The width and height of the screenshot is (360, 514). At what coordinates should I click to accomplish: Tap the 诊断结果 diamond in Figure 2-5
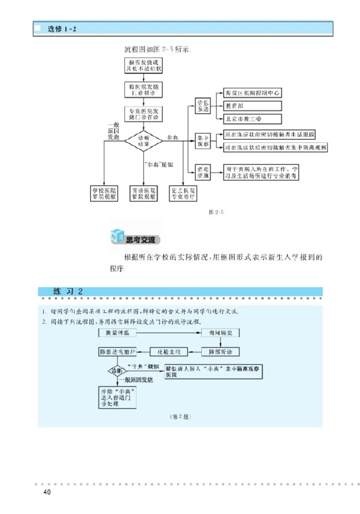(x=144, y=140)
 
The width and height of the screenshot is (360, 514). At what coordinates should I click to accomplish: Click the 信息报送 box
(x=202, y=106)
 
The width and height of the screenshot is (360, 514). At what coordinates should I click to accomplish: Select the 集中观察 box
(x=202, y=140)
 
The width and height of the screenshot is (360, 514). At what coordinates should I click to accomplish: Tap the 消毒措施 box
(x=202, y=172)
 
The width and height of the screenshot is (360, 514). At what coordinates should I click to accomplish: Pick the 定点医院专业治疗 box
(x=183, y=193)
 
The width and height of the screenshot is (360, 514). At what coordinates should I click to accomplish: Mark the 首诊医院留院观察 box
(x=144, y=193)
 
